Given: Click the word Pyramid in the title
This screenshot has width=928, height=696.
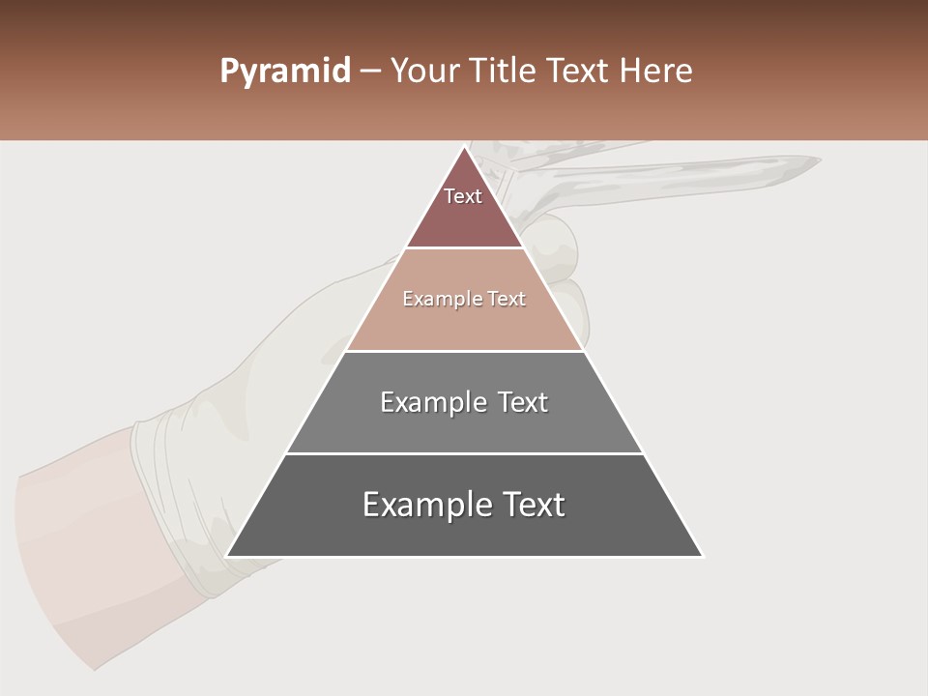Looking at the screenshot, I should pyautogui.click(x=284, y=72).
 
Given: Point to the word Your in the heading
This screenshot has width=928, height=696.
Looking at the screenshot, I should pyautogui.click(x=425, y=72).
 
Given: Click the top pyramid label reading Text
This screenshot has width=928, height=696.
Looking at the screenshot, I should pyautogui.click(x=463, y=196).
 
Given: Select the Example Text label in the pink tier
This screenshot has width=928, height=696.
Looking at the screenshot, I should pyautogui.click(x=464, y=299).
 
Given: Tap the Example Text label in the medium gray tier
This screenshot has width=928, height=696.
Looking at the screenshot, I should pyautogui.click(x=464, y=402).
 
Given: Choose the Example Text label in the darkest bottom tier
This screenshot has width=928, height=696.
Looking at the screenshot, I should pyautogui.click(x=464, y=505).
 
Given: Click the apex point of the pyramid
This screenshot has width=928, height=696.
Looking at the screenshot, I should pyautogui.click(x=464, y=146).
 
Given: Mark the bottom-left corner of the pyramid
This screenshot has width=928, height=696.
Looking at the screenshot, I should pyautogui.click(x=227, y=556).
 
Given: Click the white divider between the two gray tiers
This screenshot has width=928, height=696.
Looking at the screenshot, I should pyautogui.click(x=464, y=453).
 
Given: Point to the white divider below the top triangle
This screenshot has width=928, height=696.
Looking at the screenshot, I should pyautogui.click(x=464, y=248).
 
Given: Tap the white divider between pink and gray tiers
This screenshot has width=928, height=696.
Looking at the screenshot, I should pyautogui.click(x=464, y=351).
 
